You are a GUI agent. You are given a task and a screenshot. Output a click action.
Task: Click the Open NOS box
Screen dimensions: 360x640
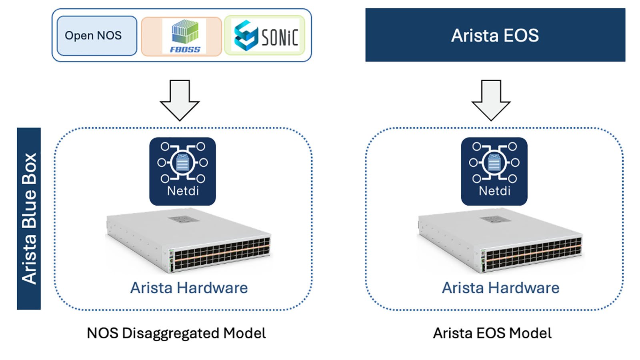coord(96,36)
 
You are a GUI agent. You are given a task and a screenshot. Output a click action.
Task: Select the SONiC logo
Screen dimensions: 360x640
coord(265,36)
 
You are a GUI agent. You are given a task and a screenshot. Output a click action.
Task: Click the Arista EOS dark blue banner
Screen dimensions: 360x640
coord(495,35)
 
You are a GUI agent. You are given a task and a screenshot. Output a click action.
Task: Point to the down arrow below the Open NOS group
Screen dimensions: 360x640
coord(180,100)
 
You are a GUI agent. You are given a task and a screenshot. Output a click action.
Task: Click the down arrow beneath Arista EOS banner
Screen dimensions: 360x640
coord(491,100)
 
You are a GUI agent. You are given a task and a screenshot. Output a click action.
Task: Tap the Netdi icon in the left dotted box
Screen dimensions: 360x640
coord(182,171)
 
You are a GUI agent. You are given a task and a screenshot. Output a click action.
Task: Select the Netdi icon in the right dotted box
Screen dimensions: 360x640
coord(494,171)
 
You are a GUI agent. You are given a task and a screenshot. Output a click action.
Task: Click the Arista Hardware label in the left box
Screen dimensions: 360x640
coord(189,288)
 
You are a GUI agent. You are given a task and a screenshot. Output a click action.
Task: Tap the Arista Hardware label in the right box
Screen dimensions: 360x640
coord(500,288)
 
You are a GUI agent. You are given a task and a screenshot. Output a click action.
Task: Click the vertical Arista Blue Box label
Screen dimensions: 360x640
coord(29,218)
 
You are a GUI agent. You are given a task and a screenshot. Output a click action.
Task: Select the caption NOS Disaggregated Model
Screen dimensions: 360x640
coord(176,333)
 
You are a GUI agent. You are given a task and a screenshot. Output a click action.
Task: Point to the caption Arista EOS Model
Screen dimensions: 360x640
coord(492,333)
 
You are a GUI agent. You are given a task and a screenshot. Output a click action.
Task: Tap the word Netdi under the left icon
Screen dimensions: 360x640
coord(183,191)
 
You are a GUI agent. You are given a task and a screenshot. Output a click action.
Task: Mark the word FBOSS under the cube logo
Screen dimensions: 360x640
coord(185,50)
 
